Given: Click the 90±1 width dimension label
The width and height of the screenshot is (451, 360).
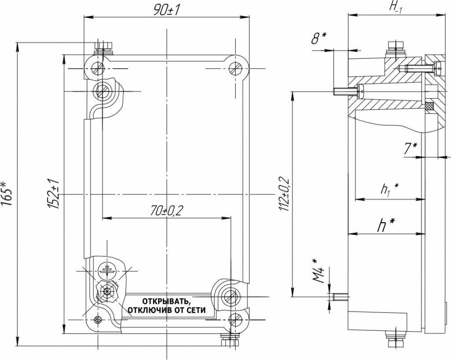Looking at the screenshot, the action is [x=166, y=11].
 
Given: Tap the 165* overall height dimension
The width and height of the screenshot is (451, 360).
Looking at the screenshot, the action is [x=7, y=194].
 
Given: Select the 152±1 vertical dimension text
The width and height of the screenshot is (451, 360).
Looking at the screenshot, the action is [x=53, y=193].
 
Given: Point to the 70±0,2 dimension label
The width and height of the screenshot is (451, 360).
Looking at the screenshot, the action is [x=166, y=211].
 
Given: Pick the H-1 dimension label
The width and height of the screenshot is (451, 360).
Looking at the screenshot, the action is [x=396, y=7].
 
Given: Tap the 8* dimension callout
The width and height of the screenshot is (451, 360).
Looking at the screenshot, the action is [x=319, y=39].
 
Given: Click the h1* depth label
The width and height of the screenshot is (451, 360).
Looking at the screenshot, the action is [x=390, y=190].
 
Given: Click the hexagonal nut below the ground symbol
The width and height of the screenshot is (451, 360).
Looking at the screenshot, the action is [x=107, y=291].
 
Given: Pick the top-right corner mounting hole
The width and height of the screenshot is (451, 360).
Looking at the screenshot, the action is [x=235, y=68].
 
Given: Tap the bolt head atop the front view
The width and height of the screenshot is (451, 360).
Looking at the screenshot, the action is [x=104, y=45].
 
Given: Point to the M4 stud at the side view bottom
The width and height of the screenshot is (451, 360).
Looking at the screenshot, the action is [x=341, y=297].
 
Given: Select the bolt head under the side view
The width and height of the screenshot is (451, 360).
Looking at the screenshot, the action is [x=396, y=343].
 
